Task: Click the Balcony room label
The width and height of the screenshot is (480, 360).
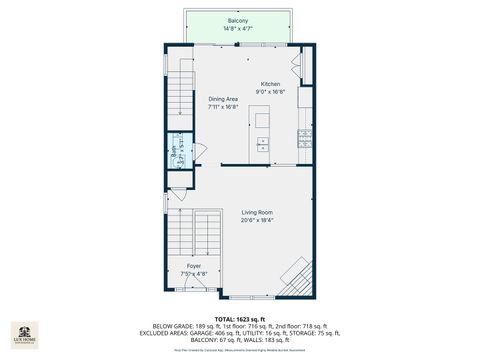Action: pyautogui.click(x=238, y=20)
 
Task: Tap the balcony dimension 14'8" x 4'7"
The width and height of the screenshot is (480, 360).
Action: pyautogui.click(x=238, y=28)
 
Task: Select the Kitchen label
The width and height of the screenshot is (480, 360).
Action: pyautogui.click(x=271, y=84)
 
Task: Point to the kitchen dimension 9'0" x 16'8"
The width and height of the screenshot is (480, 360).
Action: pyautogui.click(x=271, y=92)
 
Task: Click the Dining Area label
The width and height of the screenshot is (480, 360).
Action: pyautogui.click(x=223, y=99)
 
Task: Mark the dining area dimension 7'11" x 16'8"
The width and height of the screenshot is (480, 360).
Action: pyautogui.click(x=223, y=107)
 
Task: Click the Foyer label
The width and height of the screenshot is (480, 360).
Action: pyautogui.click(x=194, y=266)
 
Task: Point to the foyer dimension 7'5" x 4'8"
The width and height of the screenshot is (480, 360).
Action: pyautogui.click(x=194, y=274)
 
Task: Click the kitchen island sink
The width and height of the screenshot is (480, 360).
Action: pyautogui.click(x=263, y=142)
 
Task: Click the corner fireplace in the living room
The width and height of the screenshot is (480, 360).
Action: pyautogui.click(x=297, y=276)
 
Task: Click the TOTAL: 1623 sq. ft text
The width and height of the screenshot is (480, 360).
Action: pyautogui.click(x=240, y=317)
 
